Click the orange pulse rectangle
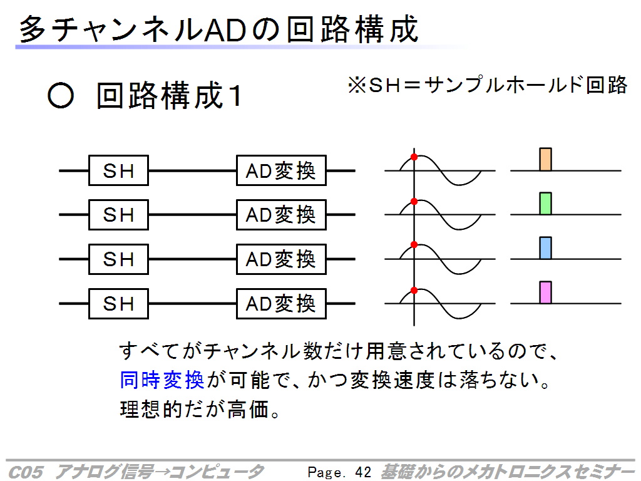546,159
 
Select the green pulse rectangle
546,204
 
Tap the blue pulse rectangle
546,248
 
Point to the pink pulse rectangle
546,292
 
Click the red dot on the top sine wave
414,157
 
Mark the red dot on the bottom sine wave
414,291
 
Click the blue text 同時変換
162,380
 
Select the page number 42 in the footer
363,472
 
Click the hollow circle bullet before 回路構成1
61,96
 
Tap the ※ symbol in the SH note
357,86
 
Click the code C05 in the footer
25,472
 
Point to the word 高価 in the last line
248,409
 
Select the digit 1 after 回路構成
235,96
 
